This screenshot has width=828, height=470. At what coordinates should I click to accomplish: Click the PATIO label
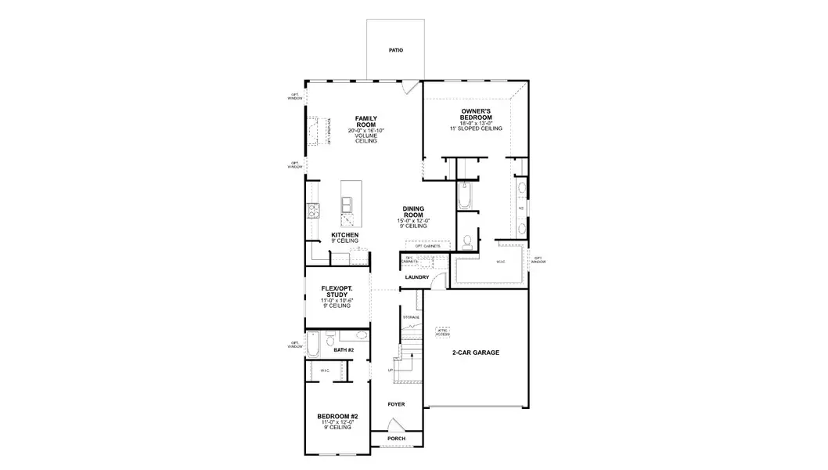(x=396, y=50)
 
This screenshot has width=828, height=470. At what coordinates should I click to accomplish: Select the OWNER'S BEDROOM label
(x=476, y=114)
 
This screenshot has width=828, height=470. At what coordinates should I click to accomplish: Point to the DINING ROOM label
(x=413, y=211)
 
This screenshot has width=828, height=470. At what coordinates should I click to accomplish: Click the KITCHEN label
(x=345, y=235)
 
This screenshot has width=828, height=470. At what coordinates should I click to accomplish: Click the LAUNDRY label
(x=416, y=277)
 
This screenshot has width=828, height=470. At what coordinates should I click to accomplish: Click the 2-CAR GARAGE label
(x=475, y=352)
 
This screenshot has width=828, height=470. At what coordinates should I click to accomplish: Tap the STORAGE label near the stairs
(x=411, y=316)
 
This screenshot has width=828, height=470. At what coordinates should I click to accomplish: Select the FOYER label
(x=398, y=404)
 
